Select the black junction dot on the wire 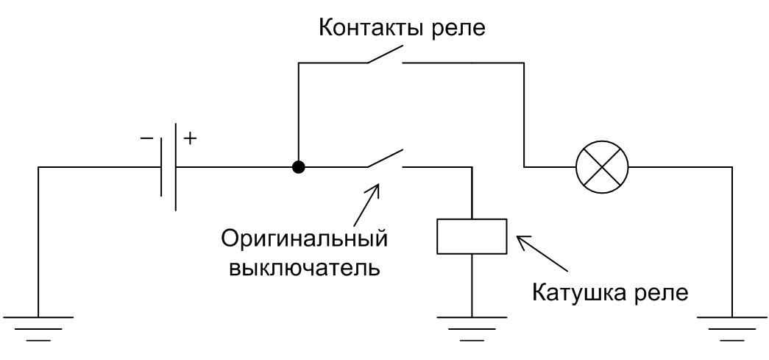(298, 167)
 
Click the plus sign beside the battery (190, 139)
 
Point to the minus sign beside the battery (146, 139)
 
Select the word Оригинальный (304, 240)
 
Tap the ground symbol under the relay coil (472, 328)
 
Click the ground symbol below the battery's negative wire (38, 328)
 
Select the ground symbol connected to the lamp (732, 328)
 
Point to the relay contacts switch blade (385, 55)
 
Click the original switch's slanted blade (385, 158)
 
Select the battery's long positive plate (175, 167)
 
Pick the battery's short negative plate (161, 167)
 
